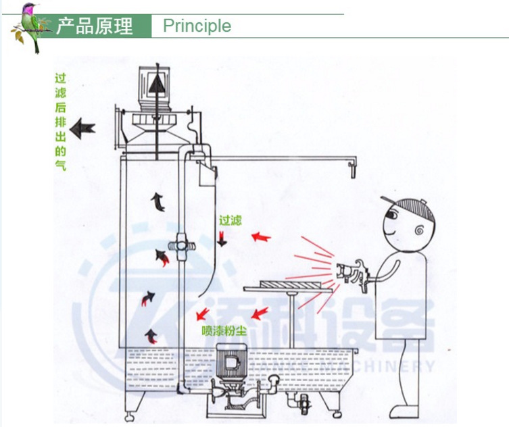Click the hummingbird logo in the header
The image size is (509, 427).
click(30, 27)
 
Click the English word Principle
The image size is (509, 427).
click(197, 26)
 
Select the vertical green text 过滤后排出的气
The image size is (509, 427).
click(60, 122)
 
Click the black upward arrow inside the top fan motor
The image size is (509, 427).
click(156, 85)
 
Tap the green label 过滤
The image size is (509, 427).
click(230, 220)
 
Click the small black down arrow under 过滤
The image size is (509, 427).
click(222, 238)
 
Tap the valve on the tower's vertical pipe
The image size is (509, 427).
click(182, 242)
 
